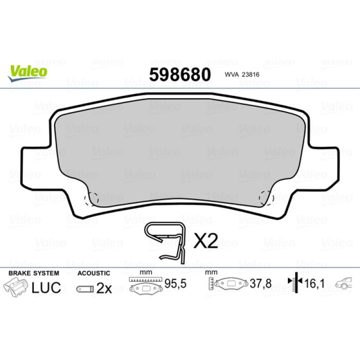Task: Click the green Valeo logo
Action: [27, 73]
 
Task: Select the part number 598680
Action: [180, 75]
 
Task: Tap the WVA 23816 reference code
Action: [242, 75]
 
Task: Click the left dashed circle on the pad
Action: [91, 198]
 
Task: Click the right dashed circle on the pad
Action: [266, 198]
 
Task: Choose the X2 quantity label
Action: [206, 241]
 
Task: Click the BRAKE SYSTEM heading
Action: [34, 273]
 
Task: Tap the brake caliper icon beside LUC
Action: [15, 287]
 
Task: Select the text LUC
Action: [46, 288]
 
